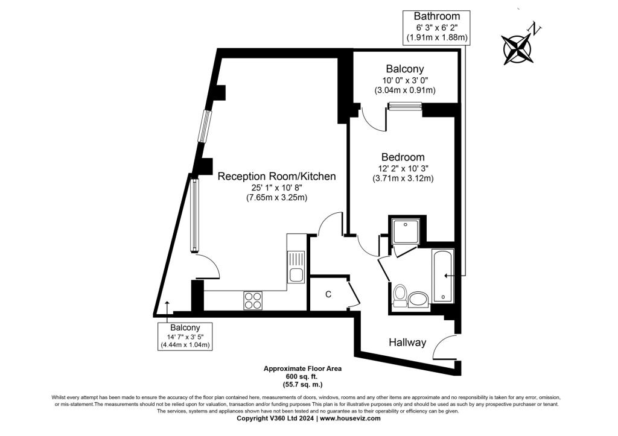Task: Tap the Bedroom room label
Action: tap(403, 157)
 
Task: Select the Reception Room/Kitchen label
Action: tap(276, 176)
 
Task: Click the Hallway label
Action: tap(407, 343)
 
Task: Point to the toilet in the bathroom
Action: tap(400, 295)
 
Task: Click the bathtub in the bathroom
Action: tap(443, 276)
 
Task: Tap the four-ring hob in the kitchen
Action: tap(253, 300)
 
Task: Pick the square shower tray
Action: tap(406, 232)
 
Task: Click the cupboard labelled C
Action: tap(328, 294)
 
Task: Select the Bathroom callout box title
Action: tap(437, 16)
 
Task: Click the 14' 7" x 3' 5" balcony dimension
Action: tap(185, 336)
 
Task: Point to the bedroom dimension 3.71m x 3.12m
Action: tap(403, 178)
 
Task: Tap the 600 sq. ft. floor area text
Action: tap(302, 376)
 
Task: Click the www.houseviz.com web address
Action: tap(350, 419)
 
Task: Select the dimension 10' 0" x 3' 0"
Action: tap(405, 80)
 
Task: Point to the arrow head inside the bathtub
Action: tap(446, 276)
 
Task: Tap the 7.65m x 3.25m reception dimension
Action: tap(276, 197)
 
